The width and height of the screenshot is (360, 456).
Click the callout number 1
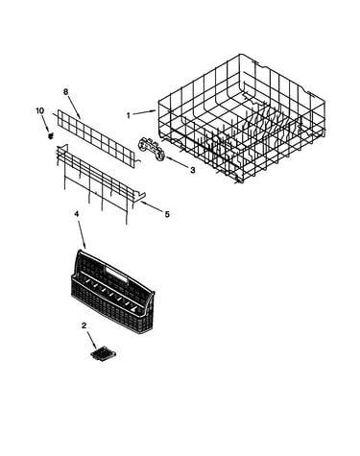129,115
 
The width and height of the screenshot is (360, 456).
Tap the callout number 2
84,325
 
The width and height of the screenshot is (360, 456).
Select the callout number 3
192,170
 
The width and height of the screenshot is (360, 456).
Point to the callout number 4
76,214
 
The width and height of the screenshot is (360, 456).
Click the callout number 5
167,214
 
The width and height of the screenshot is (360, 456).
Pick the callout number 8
65,92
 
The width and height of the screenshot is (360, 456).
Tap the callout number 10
39,110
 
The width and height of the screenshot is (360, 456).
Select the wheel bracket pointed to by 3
152,148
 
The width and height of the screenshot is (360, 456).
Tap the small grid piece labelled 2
103,356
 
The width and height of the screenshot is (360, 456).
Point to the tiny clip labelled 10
50,136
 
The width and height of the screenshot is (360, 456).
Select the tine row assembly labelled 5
101,184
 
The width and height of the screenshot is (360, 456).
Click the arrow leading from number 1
145,112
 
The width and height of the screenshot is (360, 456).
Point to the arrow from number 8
74,108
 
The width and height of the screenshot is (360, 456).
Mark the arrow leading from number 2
91,341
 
